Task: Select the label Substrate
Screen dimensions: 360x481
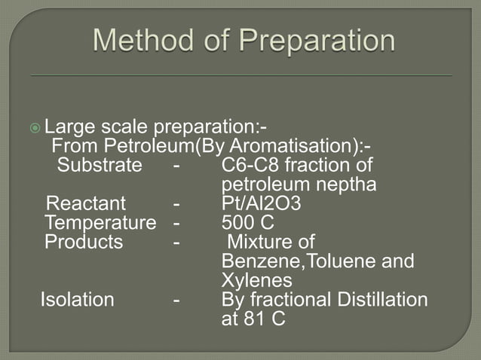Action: [x=100, y=165]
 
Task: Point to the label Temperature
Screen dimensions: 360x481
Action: [x=100, y=223]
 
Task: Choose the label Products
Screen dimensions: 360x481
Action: [x=84, y=243]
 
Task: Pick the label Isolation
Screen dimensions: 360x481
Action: [x=77, y=300]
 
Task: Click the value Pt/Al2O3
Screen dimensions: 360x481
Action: [x=260, y=204]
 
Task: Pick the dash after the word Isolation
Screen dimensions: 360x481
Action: [x=176, y=300]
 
